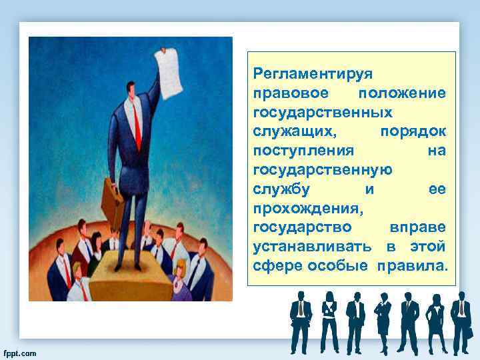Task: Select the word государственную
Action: pyautogui.click(x=323, y=169)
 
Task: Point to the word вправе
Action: pyautogui.click(x=418, y=227)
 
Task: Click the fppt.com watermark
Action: pyautogui.click(x=20, y=353)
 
